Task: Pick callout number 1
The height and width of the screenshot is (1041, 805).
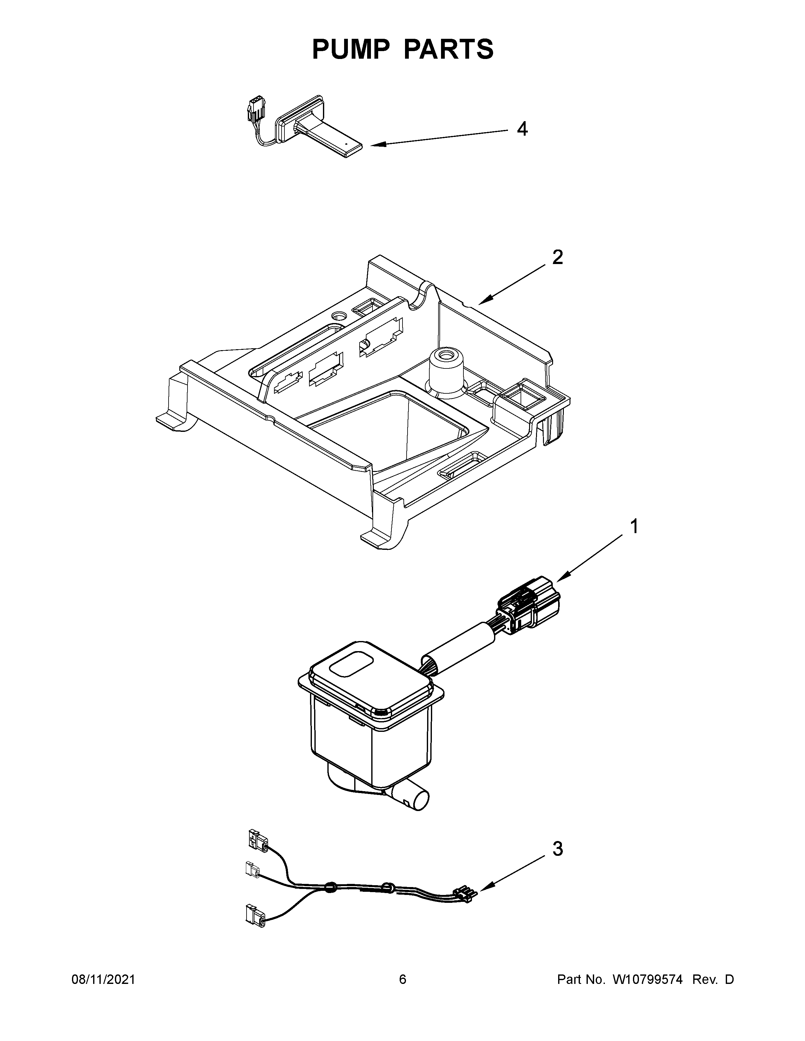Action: point(634,527)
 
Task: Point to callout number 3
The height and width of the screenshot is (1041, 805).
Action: point(558,849)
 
